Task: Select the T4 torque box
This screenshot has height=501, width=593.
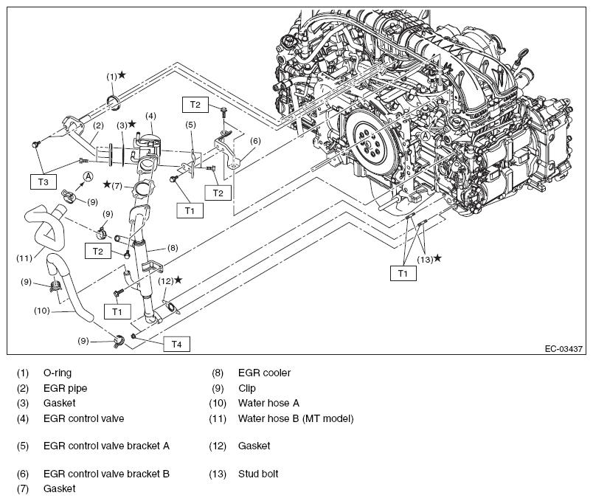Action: pyautogui.click(x=176, y=343)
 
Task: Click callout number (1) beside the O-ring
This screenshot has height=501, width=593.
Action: pyautogui.click(x=111, y=75)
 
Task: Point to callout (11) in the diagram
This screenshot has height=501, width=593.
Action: pyautogui.click(x=25, y=258)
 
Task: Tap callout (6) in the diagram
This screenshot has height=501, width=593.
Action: pyautogui.click(x=255, y=141)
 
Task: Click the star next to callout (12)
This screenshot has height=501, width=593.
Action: pyautogui.click(x=178, y=280)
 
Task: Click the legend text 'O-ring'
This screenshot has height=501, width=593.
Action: pyautogui.click(x=58, y=373)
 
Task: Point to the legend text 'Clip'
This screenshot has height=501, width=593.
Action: pyautogui.click(x=248, y=388)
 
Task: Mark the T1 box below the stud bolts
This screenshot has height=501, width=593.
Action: pyautogui.click(x=403, y=272)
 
